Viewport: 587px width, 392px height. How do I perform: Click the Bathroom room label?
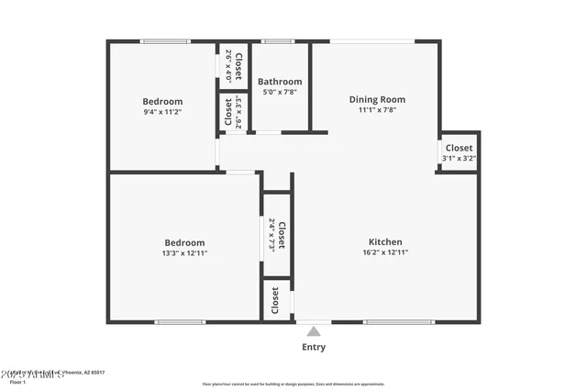280,82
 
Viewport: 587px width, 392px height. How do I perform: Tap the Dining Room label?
377,99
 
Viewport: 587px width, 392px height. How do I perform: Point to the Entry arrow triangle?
314,331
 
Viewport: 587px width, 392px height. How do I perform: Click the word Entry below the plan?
314,348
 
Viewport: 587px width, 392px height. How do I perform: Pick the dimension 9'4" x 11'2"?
162,112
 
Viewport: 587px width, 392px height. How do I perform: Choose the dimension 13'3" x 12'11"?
184,253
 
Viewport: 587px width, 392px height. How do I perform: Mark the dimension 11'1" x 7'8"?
377,110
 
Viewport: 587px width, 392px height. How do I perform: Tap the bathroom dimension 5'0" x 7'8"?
280,92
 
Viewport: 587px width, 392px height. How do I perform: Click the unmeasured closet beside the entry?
274,300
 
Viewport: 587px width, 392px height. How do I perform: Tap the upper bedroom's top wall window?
165,41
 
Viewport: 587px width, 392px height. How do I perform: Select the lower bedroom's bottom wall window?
180,321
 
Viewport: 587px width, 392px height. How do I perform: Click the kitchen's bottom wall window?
399,321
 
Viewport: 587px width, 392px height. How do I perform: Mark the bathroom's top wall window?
277,41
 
